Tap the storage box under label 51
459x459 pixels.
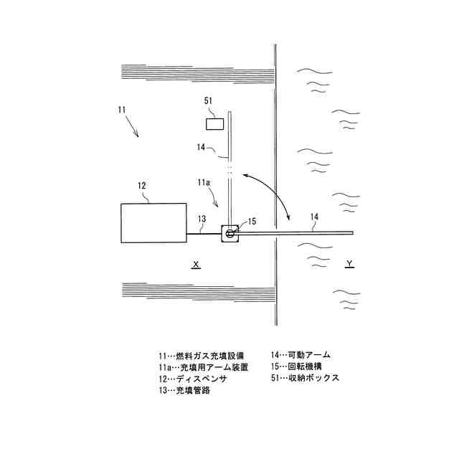pos(214,124)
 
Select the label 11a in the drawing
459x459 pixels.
pos(204,184)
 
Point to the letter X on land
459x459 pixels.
pos(195,265)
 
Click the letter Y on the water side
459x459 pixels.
pos(349,265)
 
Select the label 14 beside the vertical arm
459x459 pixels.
pos(202,148)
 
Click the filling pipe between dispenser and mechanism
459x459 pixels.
pos(204,232)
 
